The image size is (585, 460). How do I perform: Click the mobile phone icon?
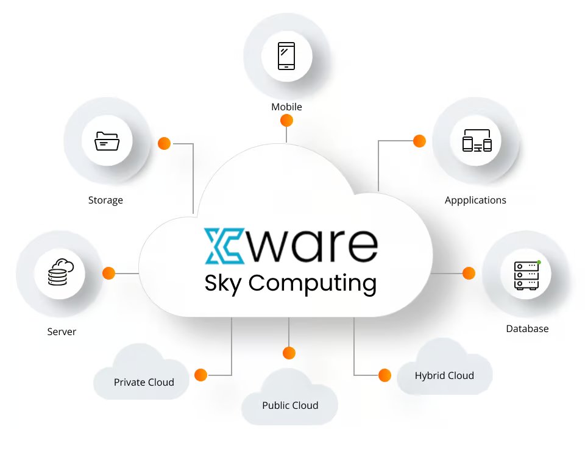pyautogui.click(x=286, y=56)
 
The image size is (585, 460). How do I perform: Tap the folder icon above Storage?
pyautogui.click(x=107, y=141)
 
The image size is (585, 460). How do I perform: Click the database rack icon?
pyautogui.click(x=526, y=275)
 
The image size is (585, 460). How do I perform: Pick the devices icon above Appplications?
pyautogui.click(x=477, y=141)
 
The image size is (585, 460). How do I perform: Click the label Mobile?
pyautogui.click(x=286, y=107)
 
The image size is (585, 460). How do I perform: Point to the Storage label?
pyautogui.click(x=105, y=200)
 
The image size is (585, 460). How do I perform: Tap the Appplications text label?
pyautogui.click(x=475, y=200)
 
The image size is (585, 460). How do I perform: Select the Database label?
pyautogui.click(x=527, y=328)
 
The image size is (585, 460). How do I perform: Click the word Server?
pyautogui.click(x=62, y=332)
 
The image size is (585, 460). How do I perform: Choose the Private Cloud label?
pyautogui.click(x=144, y=382)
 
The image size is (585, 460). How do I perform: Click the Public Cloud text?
pyautogui.click(x=290, y=405)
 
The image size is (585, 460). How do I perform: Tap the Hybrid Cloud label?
pyautogui.click(x=444, y=375)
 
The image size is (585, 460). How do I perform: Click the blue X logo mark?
pyautogui.click(x=222, y=246)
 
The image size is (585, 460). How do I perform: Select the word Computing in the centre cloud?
pyautogui.click(x=313, y=283)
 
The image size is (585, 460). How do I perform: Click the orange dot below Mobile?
pyautogui.click(x=286, y=121)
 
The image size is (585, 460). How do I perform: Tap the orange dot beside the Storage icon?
pyautogui.click(x=164, y=144)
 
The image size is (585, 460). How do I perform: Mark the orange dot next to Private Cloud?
pyautogui.click(x=200, y=375)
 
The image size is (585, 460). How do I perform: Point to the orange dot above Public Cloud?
pyautogui.click(x=289, y=353)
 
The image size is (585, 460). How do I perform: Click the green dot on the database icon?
pyautogui.click(x=539, y=262)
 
